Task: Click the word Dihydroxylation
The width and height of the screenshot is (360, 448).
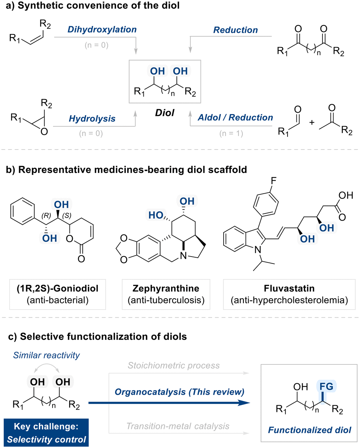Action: click(x=102, y=29)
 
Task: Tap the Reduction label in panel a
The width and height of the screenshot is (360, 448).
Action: click(x=236, y=30)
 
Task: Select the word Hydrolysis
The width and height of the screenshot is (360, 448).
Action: click(x=92, y=119)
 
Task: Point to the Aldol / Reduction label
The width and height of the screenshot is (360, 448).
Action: click(x=235, y=118)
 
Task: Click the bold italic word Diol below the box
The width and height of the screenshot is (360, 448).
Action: click(x=165, y=113)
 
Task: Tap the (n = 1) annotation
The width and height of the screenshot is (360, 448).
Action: click(x=231, y=133)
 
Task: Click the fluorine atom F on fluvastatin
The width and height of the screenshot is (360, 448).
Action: click(x=274, y=181)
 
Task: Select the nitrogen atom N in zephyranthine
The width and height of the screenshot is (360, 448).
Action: click(x=183, y=256)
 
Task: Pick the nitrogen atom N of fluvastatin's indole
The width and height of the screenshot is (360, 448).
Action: click(x=258, y=249)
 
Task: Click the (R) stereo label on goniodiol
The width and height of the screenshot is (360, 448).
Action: click(x=46, y=215)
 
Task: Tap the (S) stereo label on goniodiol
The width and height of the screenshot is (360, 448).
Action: click(x=67, y=215)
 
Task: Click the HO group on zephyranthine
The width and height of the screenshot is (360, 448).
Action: click(x=156, y=215)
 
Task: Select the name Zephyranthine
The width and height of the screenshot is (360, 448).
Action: click(x=166, y=289)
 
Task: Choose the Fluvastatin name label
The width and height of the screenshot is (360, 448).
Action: click(x=289, y=289)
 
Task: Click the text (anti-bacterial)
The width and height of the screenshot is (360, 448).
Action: click(x=58, y=300)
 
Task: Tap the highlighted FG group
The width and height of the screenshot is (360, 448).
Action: click(x=326, y=387)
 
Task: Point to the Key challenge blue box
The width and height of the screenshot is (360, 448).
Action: click(x=46, y=433)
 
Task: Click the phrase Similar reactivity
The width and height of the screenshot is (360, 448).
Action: click(x=46, y=355)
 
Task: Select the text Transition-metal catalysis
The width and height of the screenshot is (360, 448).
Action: click(x=178, y=426)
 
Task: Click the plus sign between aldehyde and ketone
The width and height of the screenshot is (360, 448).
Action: click(x=312, y=123)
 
